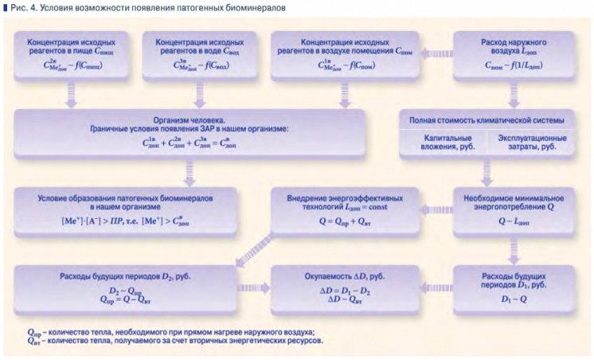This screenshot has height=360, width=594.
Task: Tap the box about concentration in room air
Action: point(341,54)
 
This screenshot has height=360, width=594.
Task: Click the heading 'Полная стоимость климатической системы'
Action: point(487,119)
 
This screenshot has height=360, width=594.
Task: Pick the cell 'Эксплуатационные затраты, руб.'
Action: point(531,142)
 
